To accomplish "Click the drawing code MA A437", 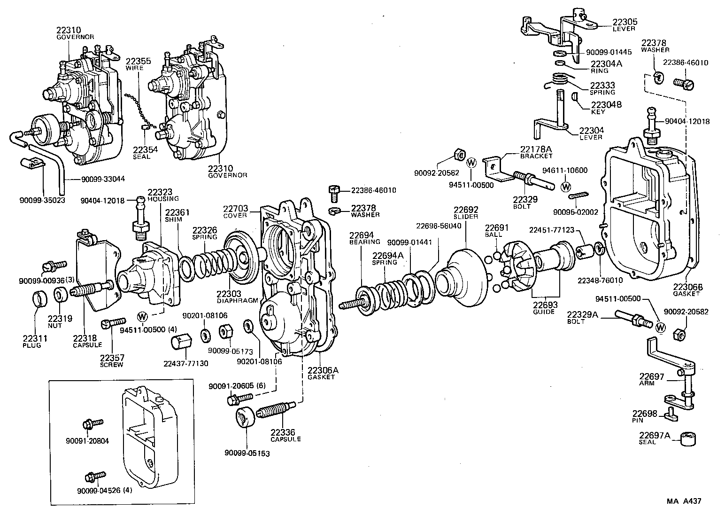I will pyautogui.click(x=684, y=501).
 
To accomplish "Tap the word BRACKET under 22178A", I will pyautogui.click(x=536, y=156).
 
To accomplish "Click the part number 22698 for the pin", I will pyautogui.click(x=644, y=414).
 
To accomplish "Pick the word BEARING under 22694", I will pyautogui.click(x=364, y=242).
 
